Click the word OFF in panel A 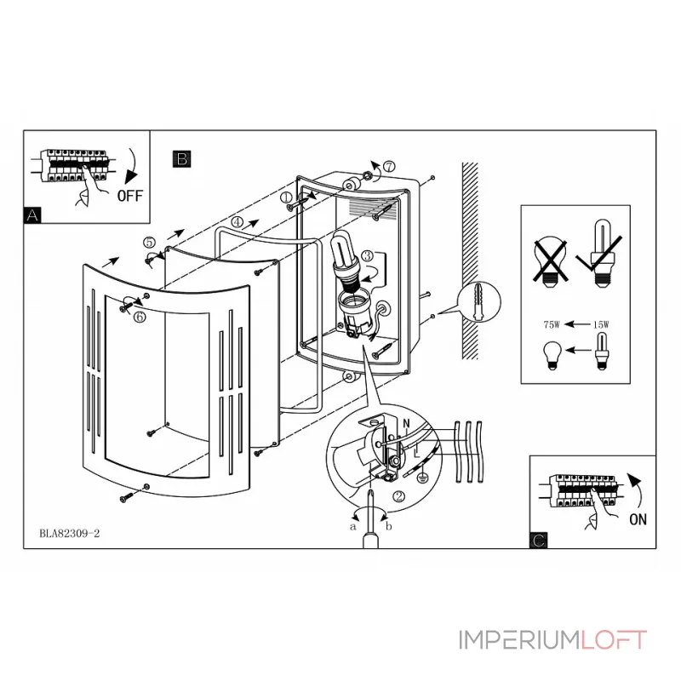(130, 194)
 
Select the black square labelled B (181, 157)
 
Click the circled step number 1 (287, 197)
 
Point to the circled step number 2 (398, 495)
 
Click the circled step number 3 (366, 255)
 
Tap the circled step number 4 (237, 221)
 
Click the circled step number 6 (139, 316)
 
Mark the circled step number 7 (388, 166)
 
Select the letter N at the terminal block (405, 423)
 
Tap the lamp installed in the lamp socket (343, 255)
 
